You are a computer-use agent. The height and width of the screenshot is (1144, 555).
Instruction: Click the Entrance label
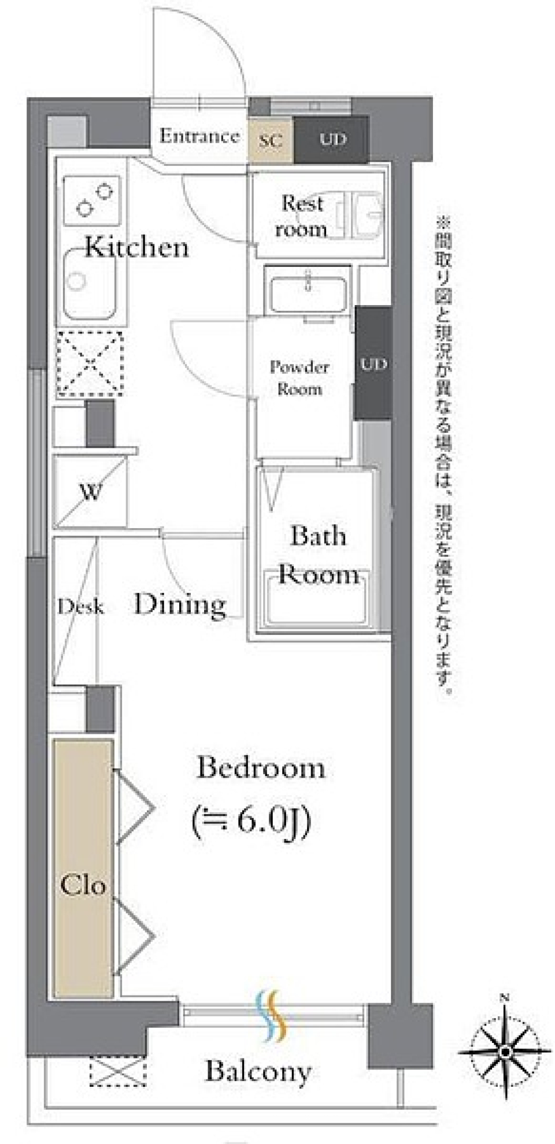tap(199, 136)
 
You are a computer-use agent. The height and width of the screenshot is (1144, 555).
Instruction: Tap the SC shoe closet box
tap(271, 140)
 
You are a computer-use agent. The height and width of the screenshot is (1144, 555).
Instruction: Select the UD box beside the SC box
tap(331, 139)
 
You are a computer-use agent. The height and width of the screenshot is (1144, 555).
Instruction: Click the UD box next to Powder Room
tap(373, 363)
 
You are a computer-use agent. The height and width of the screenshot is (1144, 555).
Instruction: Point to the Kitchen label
tap(137, 247)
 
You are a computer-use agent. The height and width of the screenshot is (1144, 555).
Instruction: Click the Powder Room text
tap(299, 378)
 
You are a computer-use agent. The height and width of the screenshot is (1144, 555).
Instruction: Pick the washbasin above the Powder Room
tap(308, 291)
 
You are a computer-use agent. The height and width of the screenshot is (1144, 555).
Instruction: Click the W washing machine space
tap(90, 492)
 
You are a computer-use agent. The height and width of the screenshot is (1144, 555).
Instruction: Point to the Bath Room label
tap(319, 555)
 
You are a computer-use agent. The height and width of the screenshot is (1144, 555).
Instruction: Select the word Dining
tap(180, 604)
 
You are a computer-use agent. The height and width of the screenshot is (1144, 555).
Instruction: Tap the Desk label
tap(80, 607)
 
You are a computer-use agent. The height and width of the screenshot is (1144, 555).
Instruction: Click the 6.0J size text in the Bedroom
tap(252, 820)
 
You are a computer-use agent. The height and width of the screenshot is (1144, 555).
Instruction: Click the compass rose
tap(505, 1052)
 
